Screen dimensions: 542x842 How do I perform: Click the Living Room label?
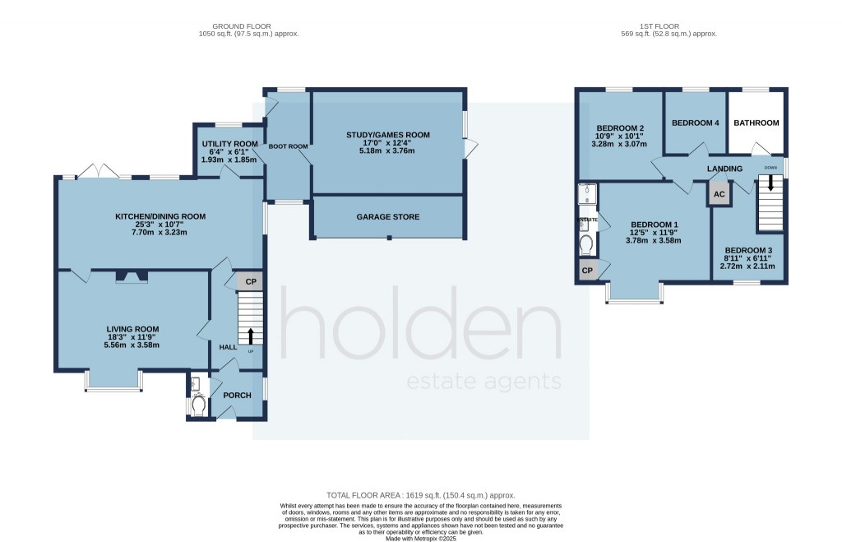pos(132,329)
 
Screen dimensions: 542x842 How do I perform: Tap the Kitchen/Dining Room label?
pos(160,216)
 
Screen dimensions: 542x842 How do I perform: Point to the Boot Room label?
pos(288,146)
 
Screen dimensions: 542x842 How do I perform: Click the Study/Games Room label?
pos(386,135)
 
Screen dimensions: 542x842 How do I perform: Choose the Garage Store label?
pos(387,217)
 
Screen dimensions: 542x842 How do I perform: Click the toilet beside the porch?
pos(197,405)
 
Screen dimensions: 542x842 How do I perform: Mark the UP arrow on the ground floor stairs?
pos(251,335)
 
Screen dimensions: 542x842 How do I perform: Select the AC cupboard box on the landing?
pos(719,195)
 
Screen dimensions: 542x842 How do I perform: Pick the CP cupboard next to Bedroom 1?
pos(587,270)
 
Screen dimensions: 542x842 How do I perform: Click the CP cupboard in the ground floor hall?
pos(251,282)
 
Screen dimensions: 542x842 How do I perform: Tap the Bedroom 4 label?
pos(695,123)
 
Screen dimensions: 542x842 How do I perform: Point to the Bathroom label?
pos(756,123)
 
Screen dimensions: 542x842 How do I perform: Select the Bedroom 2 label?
pos(619,128)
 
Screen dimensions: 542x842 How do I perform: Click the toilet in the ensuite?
pos(586,244)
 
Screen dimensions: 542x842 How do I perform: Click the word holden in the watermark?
pos(420,329)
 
